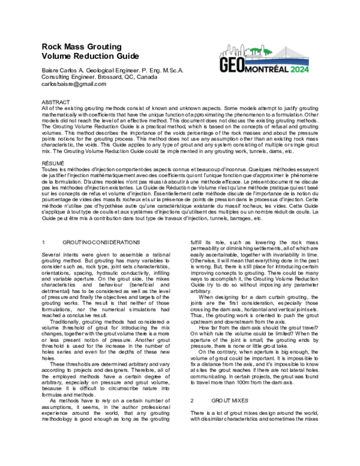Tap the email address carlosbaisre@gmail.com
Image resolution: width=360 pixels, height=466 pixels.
73,84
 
